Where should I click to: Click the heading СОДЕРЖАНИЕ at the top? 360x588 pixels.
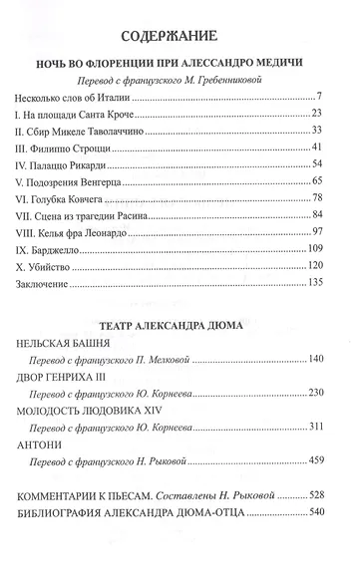tap(180, 39)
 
